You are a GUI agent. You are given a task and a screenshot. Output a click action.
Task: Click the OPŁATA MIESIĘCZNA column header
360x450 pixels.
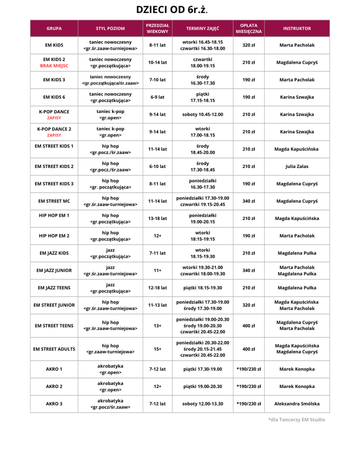pyautogui.click(x=248, y=28)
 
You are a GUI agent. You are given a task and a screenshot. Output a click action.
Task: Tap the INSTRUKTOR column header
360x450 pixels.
pyautogui.click(x=297, y=28)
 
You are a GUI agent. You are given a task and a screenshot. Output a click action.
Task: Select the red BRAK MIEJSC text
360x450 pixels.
pyautogui.click(x=54, y=66)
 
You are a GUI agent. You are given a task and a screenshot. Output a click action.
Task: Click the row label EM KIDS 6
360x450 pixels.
pyautogui.click(x=54, y=97)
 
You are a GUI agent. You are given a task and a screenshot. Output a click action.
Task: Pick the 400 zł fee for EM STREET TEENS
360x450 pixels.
pyautogui.click(x=248, y=326)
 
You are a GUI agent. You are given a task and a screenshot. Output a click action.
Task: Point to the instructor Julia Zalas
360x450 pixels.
pyautogui.click(x=297, y=166)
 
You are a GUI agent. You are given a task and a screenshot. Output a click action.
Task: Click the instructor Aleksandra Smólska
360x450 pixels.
pyautogui.click(x=297, y=403)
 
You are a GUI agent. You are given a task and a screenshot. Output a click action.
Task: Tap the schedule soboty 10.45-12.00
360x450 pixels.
pyautogui.click(x=203, y=114)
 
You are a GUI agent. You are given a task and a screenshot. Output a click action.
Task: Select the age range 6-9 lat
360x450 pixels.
pyautogui.click(x=157, y=97)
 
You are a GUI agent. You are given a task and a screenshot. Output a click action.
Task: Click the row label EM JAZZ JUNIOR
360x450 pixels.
pyautogui.click(x=54, y=270)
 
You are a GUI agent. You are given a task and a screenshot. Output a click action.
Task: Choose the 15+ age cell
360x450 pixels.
pyautogui.click(x=157, y=349)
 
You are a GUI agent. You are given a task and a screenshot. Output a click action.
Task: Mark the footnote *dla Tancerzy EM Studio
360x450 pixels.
pyautogui.click(x=297, y=420)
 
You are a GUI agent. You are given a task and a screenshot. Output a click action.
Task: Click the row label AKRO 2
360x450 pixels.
pyautogui.click(x=54, y=386)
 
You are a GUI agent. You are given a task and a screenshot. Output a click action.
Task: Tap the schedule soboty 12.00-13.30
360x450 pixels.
pyautogui.click(x=203, y=403)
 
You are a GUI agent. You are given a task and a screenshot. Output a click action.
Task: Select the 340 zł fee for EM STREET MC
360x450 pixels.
pyautogui.click(x=248, y=201)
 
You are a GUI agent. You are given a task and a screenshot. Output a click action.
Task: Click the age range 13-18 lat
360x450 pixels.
pyautogui.click(x=157, y=218)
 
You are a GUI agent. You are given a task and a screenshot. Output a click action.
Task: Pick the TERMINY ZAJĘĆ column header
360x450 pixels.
pyautogui.click(x=203, y=28)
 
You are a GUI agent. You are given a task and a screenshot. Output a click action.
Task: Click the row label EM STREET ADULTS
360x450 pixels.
pyautogui.click(x=54, y=349)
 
